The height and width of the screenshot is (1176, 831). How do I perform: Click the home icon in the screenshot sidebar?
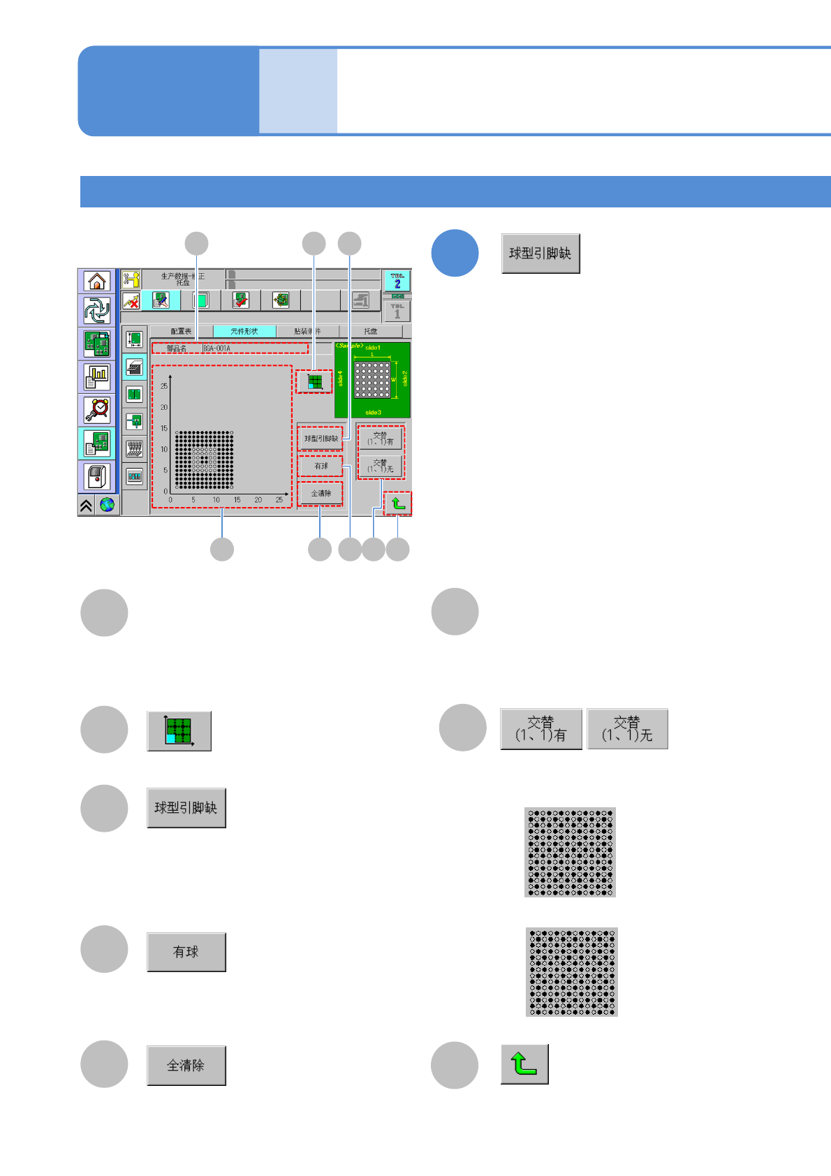[97, 281]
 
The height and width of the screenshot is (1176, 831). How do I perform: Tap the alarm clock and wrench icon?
[97, 410]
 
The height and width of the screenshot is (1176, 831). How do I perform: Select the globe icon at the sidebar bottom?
[107, 505]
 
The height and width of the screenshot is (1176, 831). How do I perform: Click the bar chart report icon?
[97, 377]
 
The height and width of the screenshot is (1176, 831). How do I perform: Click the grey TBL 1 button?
[397, 311]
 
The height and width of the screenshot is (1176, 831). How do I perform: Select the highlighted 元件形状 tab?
[244, 331]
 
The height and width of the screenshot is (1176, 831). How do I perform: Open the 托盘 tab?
[371, 331]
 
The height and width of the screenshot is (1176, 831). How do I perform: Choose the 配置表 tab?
[181, 331]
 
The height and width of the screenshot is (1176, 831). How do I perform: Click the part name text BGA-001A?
[217, 348]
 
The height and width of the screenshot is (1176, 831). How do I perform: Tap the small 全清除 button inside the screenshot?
[321, 494]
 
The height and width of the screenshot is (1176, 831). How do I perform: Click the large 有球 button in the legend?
[186, 952]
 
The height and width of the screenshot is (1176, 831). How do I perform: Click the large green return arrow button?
[524, 1064]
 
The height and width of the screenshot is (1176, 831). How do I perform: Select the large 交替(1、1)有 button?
[540, 729]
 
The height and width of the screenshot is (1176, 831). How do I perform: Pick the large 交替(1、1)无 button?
[627, 729]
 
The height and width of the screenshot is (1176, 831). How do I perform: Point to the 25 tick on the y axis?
[164, 386]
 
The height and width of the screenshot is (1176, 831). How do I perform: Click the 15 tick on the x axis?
[237, 500]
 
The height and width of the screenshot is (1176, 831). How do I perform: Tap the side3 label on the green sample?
[373, 413]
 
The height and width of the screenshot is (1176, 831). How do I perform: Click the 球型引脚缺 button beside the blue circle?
[540, 253]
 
